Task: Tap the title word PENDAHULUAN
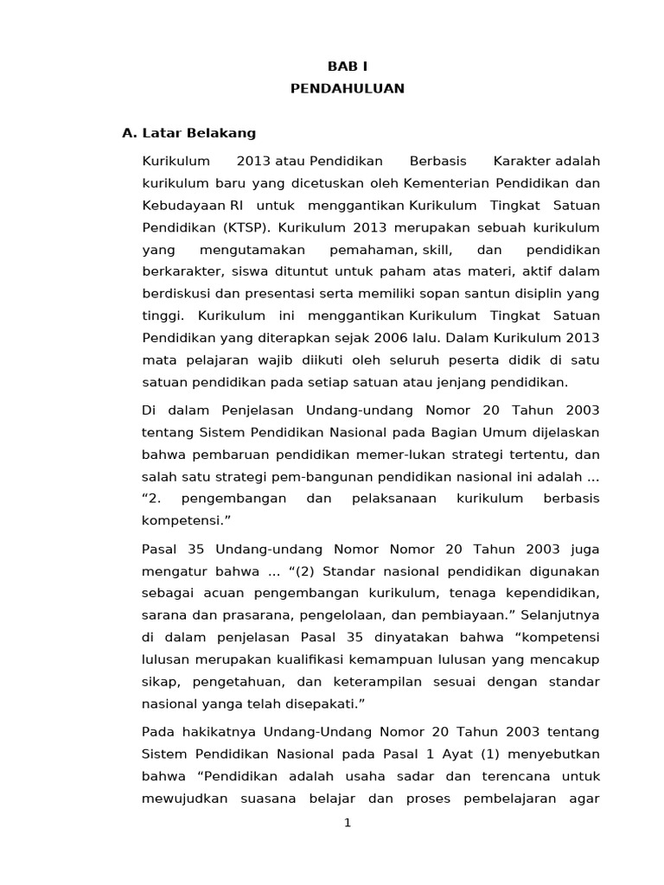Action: [347, 89]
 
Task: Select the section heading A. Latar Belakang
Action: [189, 133]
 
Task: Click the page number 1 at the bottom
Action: [347, 822]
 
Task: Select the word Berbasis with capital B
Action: [438, 162]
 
